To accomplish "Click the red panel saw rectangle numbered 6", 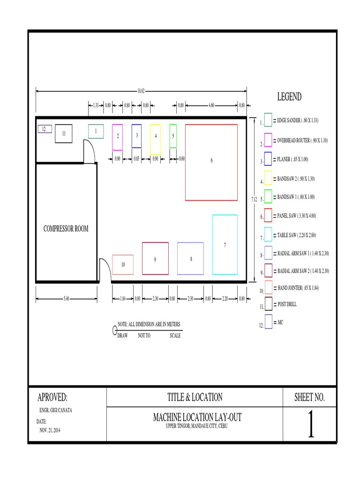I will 211,162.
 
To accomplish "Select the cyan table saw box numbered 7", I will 225,244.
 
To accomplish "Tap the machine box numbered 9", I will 155,258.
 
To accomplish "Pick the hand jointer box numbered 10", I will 123,264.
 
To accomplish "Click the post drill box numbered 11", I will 64,133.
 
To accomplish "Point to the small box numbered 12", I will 45,129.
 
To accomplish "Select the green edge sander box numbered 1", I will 96,131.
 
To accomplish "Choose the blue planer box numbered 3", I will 137,135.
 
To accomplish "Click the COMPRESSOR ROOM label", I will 66,229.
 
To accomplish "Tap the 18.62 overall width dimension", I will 141,91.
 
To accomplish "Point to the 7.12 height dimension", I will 254,199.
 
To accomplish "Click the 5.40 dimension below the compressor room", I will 67,298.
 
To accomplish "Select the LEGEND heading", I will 289,97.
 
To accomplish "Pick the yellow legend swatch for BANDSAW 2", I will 268,178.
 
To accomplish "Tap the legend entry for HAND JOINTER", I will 299,287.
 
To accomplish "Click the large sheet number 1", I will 310,424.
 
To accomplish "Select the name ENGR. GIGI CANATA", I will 55,410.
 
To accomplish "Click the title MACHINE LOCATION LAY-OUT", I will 197,417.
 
